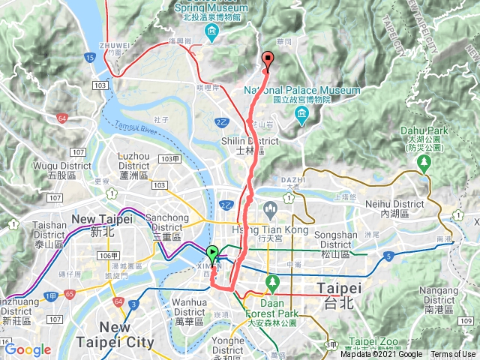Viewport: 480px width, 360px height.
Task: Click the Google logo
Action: pyautogui.click(x=28, y=349)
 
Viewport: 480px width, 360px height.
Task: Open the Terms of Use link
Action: pyautogui.click(x=452, y=354)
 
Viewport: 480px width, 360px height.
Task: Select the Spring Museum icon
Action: pyautogui.click(x=213, y=31)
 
